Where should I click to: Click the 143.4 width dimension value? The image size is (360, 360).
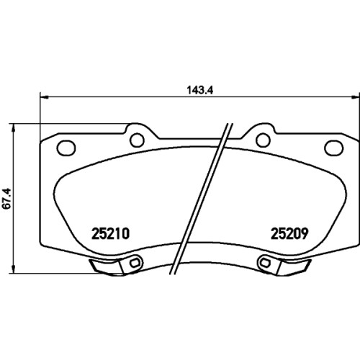pos(200,91)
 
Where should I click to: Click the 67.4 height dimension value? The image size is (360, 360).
pos(7,198)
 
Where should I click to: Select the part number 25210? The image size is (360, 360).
pos(111,233)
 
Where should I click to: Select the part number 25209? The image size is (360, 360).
pos(289,233)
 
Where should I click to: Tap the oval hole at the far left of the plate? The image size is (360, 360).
pos(66,148)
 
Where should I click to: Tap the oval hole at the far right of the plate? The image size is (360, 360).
pos(333,148)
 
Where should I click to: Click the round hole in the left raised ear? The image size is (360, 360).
pos(137,140)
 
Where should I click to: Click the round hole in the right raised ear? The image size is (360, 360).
pos(263,140)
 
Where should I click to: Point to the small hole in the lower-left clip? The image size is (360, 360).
pos(134,263)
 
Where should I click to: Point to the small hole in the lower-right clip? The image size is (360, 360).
pos(266,263)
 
